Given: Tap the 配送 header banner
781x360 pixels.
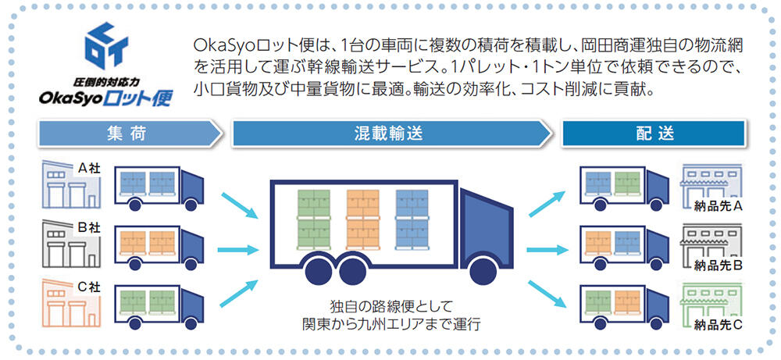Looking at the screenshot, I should [x=654, y=134].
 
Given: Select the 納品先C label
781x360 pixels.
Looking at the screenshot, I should [x=717, y=321].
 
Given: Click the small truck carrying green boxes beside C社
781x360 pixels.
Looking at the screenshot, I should [x=159, y=305].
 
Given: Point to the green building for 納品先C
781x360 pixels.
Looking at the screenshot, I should [x=710, y=301].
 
